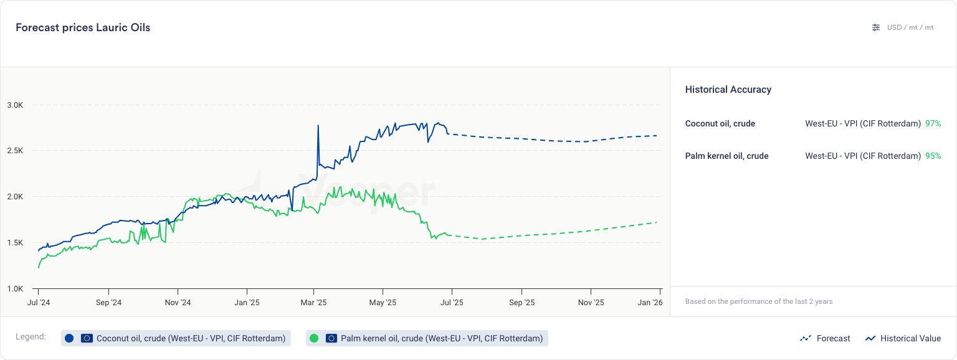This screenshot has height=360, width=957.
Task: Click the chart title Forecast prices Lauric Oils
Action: tap(83, 27)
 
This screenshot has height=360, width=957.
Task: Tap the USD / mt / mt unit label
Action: tap(910, 27)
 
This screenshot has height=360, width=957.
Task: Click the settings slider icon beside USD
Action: tap(876, 27)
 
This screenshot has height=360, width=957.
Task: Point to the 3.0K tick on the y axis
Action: tap(15, 105)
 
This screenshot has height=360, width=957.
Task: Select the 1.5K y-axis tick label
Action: tap(15, 243)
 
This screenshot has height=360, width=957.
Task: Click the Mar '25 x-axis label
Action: tap(313, 303)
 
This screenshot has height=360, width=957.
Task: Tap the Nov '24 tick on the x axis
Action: tap(178, 303)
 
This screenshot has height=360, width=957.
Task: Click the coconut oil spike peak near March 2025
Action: tap(318, 126)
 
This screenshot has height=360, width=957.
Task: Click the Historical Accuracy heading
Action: tap(728, 90)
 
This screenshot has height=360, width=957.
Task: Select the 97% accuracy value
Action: tap(933, 123)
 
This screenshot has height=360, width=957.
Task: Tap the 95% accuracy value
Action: tap(933, 156)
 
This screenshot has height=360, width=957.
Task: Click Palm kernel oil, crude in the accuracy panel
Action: tap(726, 156)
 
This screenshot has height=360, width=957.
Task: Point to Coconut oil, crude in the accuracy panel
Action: tap(720, 123)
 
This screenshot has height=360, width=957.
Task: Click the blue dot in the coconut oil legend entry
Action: tap(69, 338)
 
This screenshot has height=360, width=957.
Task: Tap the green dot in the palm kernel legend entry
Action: tap(314, 338)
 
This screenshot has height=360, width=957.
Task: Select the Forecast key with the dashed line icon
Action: tap(825, 338)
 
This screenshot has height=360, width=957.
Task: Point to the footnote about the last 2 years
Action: tap(758, 301)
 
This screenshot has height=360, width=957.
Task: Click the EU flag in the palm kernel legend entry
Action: tap(331, 338)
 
